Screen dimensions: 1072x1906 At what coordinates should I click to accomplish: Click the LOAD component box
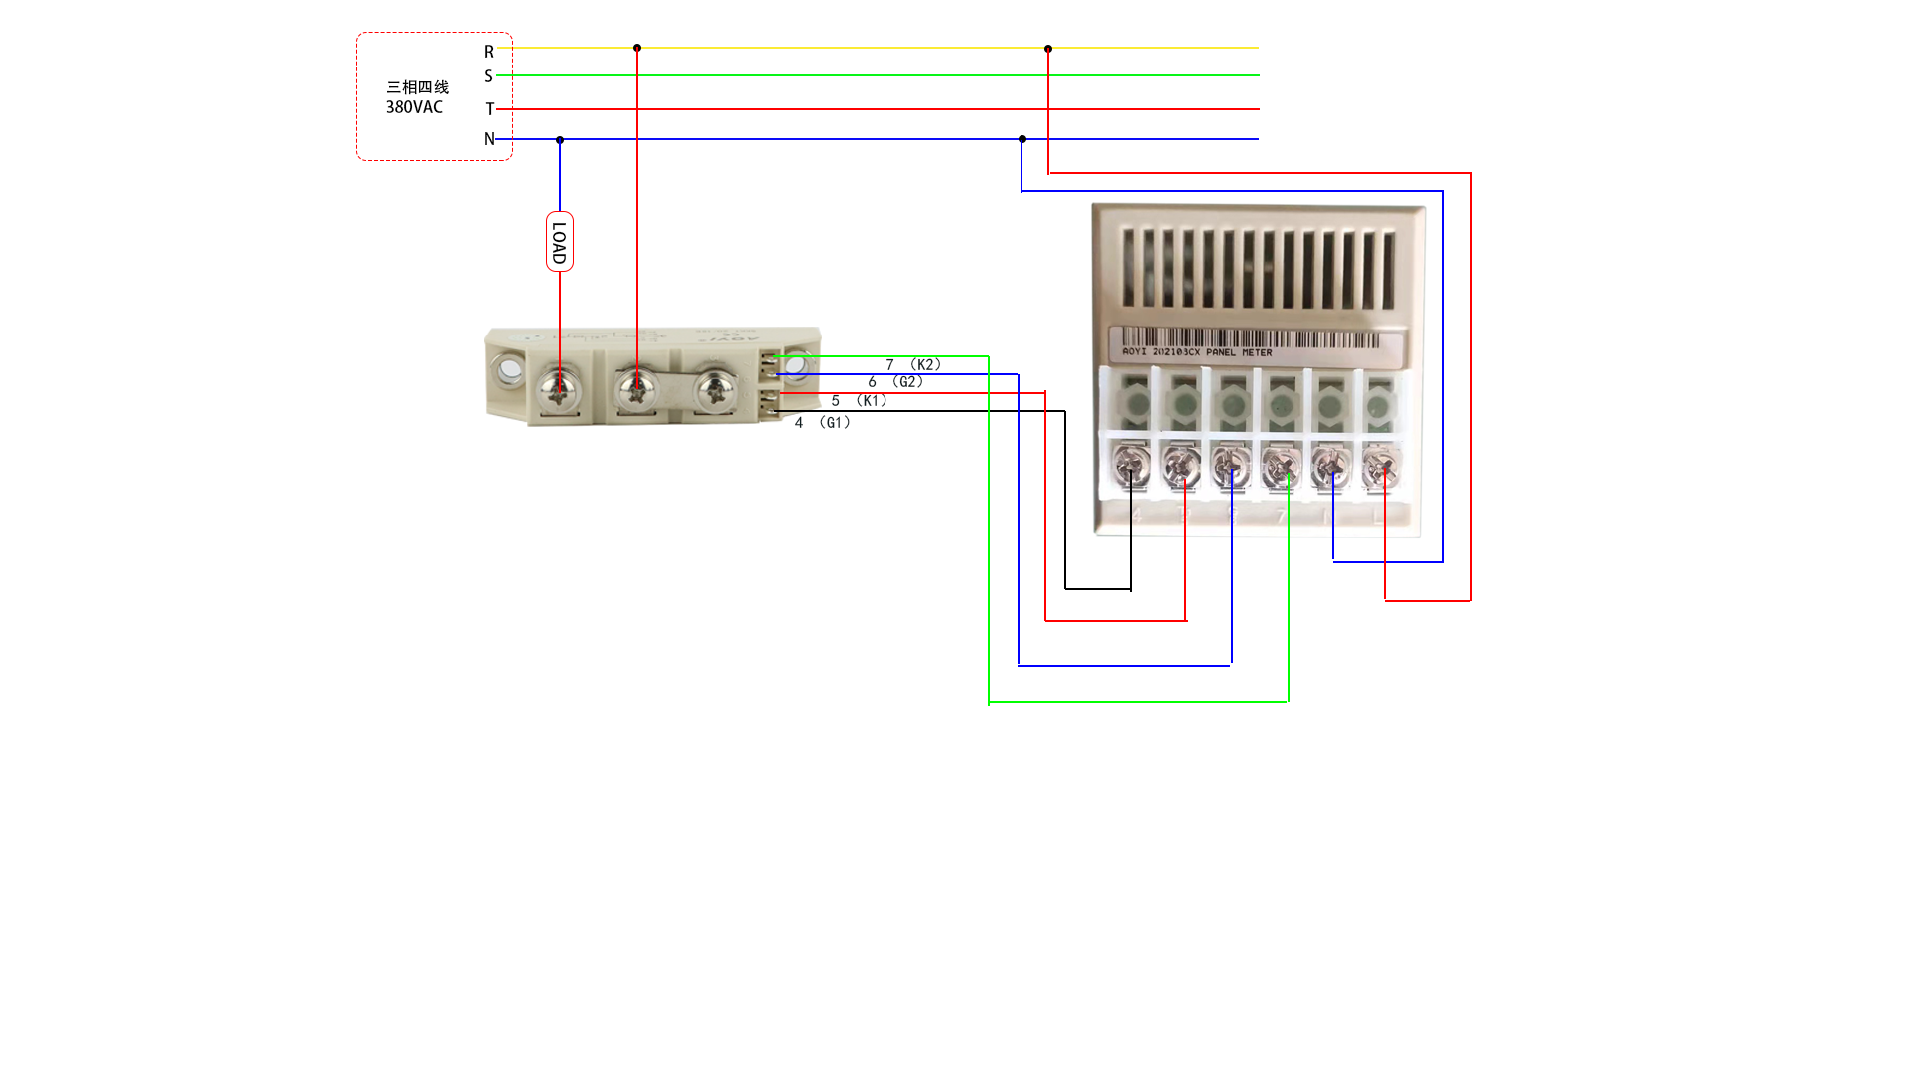[x=559, y=241]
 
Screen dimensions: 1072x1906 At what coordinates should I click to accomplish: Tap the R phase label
[x=489, y=52]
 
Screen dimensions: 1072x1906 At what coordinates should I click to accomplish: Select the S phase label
[x=488, y=76]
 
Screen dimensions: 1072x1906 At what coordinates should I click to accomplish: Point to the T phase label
[x=489, y=109]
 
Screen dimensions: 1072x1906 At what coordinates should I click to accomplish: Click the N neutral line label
[x=489, y=139]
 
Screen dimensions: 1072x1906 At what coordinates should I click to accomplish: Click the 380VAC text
[x=414, y=107]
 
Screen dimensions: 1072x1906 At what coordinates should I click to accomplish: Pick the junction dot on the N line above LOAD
[x=560, y=140]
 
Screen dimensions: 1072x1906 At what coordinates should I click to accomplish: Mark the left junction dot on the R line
[x=637, y=48]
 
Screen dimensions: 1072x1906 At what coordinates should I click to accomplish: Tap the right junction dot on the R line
[x=1048, y=49]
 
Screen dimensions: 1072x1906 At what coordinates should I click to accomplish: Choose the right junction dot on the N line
[x=1022, y=139]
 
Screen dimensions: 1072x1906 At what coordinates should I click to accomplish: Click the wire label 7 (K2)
[x=913, y=364]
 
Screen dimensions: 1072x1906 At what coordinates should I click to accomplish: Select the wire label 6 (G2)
[x=895, y=382]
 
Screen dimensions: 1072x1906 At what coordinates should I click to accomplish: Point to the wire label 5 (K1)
[x=860, y=401]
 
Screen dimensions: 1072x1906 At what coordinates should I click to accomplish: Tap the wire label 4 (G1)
[x=823, y=423]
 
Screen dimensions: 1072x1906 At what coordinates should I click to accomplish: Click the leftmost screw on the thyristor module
[x=559, y=389]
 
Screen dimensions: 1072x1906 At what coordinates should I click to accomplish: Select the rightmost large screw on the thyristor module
[x=714, y=389]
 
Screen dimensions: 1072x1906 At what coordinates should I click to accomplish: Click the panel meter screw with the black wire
[x=1131, y=465]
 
